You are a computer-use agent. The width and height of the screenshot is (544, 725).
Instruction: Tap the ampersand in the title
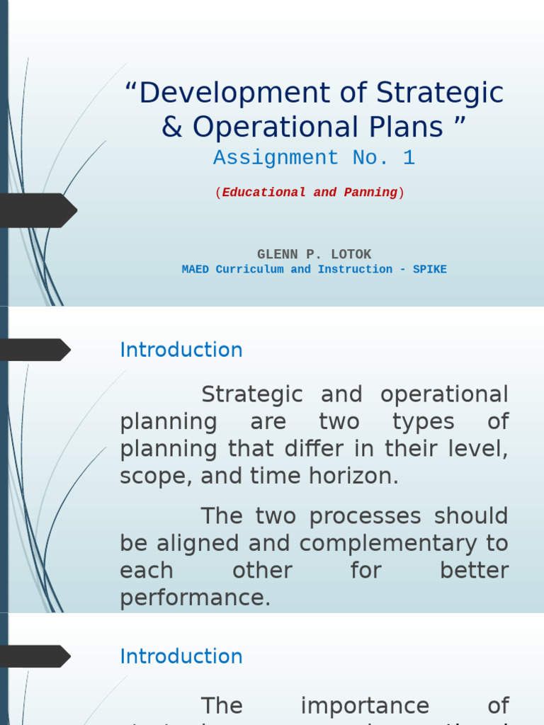[171, 127]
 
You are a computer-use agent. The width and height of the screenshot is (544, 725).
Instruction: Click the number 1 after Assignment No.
[409, 158]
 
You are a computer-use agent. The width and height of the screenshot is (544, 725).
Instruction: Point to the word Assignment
[276, 158]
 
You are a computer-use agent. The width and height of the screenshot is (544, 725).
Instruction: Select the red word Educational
[264, 193]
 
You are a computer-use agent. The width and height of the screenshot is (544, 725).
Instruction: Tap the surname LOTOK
[348, 254]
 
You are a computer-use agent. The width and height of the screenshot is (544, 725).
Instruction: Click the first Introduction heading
[181, 350]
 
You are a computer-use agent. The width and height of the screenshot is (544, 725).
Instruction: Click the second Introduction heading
[181, 656]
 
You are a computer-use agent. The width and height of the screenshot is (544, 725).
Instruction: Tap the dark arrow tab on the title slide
[39, 210]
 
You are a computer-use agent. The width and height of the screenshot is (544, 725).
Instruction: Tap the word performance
[195, 598]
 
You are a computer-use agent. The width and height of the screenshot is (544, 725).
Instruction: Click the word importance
[365, 706]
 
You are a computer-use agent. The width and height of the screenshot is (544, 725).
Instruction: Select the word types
[424, 422]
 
